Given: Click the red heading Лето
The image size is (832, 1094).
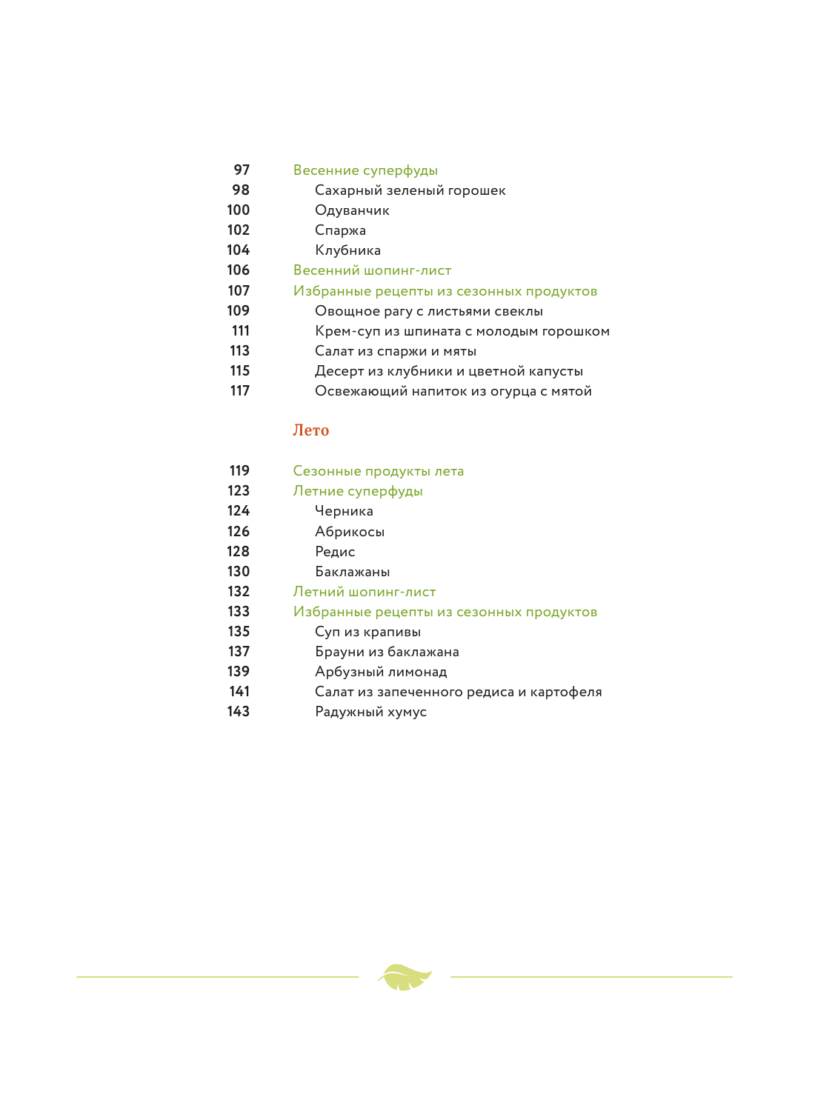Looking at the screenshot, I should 310,430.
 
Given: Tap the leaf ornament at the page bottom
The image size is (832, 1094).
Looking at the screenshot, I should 405,977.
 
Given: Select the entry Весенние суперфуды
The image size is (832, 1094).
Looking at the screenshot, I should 365,170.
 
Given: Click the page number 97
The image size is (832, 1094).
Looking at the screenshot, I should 242,170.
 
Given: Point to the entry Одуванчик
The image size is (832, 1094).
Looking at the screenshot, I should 352,210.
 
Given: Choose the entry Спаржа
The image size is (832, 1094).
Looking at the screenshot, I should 340,230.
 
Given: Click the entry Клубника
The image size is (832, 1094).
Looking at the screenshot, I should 347,250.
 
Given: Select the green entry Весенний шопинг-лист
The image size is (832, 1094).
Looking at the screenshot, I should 372,270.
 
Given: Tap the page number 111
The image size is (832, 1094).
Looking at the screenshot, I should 241,331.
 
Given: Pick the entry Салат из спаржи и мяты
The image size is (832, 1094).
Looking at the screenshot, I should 395,351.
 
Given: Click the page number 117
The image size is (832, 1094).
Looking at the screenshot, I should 240,391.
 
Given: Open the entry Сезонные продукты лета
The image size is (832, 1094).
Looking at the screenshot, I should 378,471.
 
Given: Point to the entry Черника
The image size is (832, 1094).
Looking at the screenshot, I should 344,511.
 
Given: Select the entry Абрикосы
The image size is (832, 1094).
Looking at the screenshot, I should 349,532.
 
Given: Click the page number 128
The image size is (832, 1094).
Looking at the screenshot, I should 239,552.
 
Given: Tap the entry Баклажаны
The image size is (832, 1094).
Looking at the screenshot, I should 352,572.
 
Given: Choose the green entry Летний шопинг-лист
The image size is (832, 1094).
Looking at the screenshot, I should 364,592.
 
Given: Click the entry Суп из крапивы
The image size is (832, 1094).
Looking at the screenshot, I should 367,632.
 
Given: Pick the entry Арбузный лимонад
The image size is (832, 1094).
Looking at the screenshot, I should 381,672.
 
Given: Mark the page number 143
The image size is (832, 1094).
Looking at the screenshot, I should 239,712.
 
